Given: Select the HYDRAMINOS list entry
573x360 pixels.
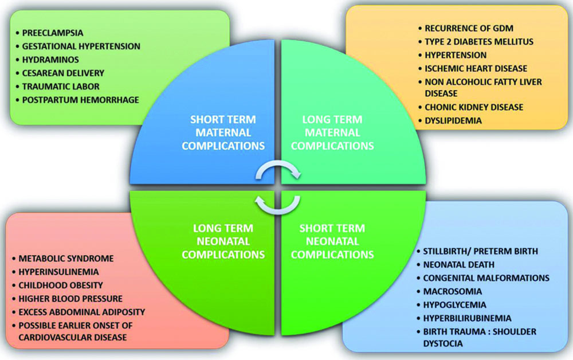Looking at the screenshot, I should (50, 60).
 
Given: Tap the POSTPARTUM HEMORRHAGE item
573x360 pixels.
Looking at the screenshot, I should (81, 100).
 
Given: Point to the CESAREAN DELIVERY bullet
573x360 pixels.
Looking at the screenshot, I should (63, 73).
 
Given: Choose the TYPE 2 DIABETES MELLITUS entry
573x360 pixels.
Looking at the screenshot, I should (479, 42).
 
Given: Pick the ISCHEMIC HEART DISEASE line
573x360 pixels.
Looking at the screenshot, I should (476, 69).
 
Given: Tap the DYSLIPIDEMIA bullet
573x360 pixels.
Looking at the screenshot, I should (453, 120).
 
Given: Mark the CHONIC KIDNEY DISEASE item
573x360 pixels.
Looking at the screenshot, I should (474, 107).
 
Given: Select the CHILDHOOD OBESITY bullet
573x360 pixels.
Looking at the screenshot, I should (61, 285).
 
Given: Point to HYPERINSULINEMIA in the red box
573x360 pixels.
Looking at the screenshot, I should (59, 272).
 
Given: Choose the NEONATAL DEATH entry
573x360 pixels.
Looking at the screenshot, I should (458, 265).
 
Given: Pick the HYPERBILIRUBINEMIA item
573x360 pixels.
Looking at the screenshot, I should (468, 318).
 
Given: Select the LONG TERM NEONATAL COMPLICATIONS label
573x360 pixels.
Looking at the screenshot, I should (223, 241).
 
